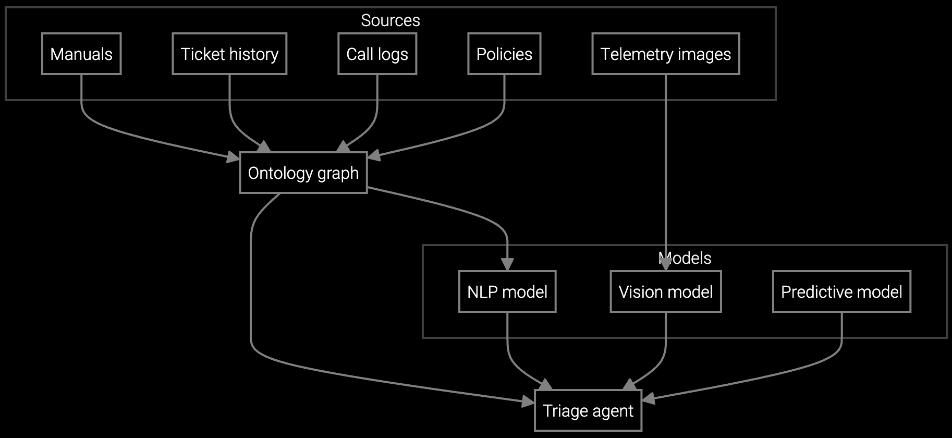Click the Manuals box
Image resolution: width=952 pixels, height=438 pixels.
(x=81, y=54)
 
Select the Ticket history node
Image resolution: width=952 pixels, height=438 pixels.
(x=229, y=54)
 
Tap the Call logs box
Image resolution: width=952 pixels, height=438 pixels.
(x=377, y=54)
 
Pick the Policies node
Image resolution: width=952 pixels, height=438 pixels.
(x=504, y=54)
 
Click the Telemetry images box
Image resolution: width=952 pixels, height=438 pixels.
(x=665, y=54)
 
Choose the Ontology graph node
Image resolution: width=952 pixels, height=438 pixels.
(x=303, y=173)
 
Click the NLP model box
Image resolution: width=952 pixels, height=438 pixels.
(x=507, y=291)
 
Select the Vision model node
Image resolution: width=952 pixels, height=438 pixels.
(x=666, y=291)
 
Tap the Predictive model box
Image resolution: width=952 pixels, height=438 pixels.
(x=841, y=291)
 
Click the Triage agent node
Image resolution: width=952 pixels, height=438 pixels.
(x=588, y=410)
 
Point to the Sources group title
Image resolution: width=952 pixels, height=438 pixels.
(x=390, y=20)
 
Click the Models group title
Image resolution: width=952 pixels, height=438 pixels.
(x=685, y=258)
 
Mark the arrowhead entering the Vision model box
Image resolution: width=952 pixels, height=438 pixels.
(x=666, y=265)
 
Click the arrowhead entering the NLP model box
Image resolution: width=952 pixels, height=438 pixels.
(x=507, y=265)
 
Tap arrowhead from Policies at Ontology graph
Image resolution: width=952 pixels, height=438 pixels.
(x=374, y=155)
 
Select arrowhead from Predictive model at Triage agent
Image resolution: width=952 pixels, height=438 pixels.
(x=648, y=399)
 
